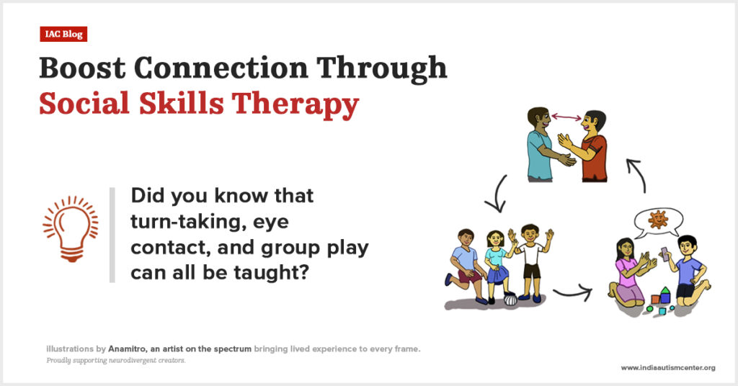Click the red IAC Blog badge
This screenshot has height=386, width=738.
pyautogui.click(x=63, y=34)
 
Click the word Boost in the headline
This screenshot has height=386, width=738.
pyautogui.click(x=83, y=68)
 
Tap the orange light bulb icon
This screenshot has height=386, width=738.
pyautogui.click(x=71, y=228)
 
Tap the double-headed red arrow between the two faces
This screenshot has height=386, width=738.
pyautogui.click(x=566, y=117)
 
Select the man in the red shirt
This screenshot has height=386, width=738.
pyautogui.click(x=587, y=146)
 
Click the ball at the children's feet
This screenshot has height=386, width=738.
pyautogui.click(x=511, y=299)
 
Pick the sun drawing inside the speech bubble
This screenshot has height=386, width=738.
pyautogui.click(x=658, y=220)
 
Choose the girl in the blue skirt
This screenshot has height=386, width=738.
pyautogui.click(x=497, y=266)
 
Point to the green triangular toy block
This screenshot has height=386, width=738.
pyautogui.click(x=665, y=290)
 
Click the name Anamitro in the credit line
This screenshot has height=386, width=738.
pyautogui.click(x=128, y=349)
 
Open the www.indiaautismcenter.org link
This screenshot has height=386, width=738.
pyautogui.click(x=668, y=368)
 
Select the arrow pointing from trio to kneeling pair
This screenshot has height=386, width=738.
pyautogui.click(x=572, y=294)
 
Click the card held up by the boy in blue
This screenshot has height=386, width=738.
pyautogui.click(x=664, y=253)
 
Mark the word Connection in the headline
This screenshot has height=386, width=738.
pyautogui.click(x=221, y=68)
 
